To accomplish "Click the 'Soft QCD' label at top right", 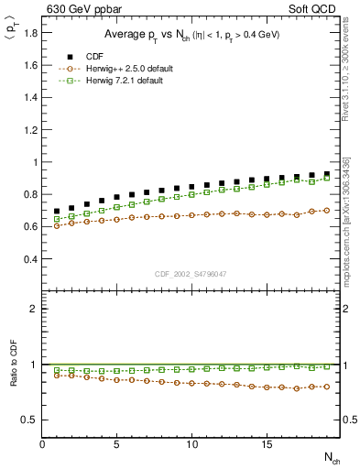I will coord(318,10).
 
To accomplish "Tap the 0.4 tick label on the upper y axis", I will coord(31,259).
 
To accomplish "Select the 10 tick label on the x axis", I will coord(191,444).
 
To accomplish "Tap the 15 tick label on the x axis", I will coord(266,444).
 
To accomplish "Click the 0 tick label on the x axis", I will coord(43,444).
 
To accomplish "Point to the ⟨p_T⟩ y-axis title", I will coord(14,40).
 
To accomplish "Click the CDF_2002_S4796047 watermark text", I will coord(191,273).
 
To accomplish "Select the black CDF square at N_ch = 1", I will coord(58,211).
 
